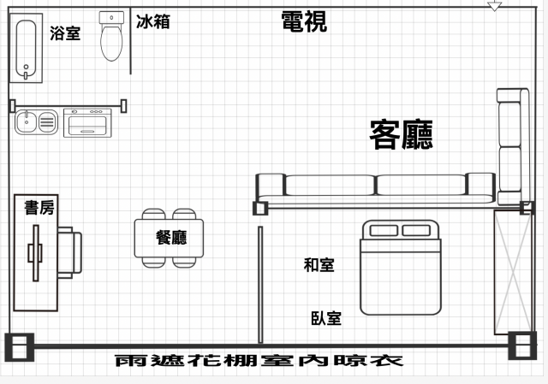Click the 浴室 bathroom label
tap(65, 33)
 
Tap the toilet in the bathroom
tap(111, 36)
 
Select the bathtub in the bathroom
tap(27, 48)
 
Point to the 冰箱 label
tap(153, 21)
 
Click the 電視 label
tap(304, 21)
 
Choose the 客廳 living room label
tap(402, 134)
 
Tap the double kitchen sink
tap(36, 121)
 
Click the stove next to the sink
tap(87, 123)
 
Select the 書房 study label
tap(39, 208)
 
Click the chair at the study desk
tap(70, 252)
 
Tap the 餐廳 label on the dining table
tap(171, 238)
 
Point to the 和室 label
tap(319, 265)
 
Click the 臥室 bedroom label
tap(326, 318)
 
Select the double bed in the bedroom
tap(401, 268)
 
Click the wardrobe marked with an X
tap(513, 272)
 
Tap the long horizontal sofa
tap(376, 189)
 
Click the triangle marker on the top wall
tap(495, 6)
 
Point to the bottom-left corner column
tap(20, 347)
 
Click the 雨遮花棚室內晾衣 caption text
tap(259, 361)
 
